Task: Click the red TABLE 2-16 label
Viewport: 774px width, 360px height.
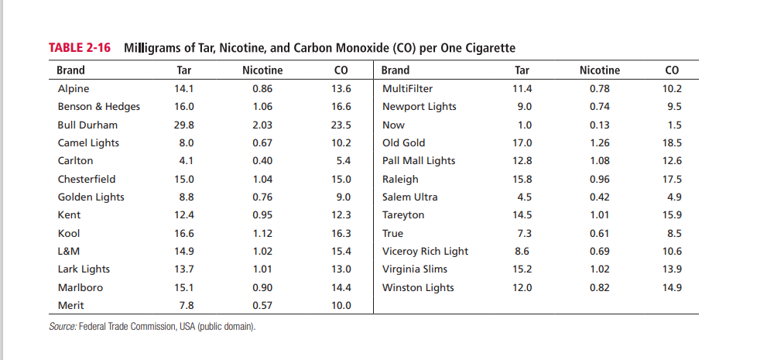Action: pos(80,48)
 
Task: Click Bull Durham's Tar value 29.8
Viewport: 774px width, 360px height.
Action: pos(183,125)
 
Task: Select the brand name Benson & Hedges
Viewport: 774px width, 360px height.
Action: pos(99,107)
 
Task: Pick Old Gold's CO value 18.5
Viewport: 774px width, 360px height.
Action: pos(672,142)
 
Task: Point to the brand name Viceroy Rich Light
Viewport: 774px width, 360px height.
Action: pos(425,252)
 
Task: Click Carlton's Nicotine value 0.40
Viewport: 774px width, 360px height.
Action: pos(262,161)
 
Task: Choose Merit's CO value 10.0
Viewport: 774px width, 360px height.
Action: pos(341,306)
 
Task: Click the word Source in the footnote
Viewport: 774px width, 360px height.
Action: pos(62,327)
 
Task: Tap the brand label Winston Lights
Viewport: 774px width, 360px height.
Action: pos(418,287)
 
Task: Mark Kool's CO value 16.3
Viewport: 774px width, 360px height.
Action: pos(341,233)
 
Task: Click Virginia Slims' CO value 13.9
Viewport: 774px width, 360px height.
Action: pos(672,269)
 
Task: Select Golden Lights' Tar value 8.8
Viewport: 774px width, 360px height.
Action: pos(186,197)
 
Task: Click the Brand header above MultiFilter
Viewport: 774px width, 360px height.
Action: pos(396,70)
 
